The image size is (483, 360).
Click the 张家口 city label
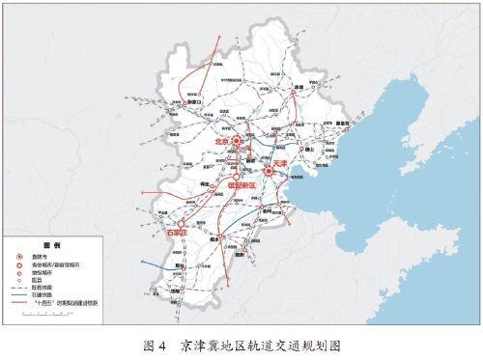pos(194,100)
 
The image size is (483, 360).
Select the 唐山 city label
pos(309,150)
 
